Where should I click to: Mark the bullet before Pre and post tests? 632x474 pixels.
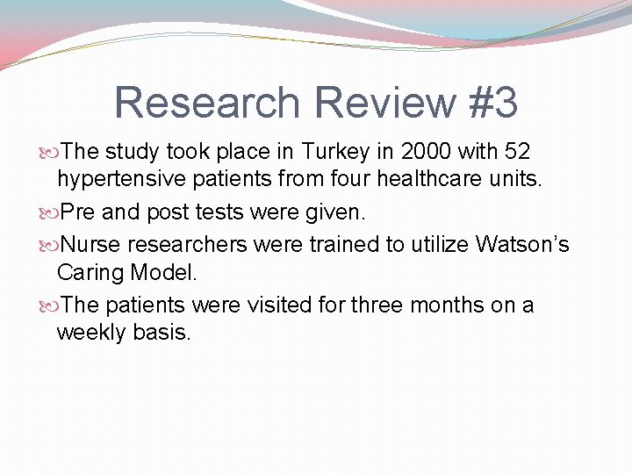tap(49, 212)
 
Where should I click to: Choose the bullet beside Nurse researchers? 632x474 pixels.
tap(49, 244)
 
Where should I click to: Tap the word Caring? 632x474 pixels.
tap(90, 273)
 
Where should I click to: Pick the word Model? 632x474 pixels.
tap(164, 272)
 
